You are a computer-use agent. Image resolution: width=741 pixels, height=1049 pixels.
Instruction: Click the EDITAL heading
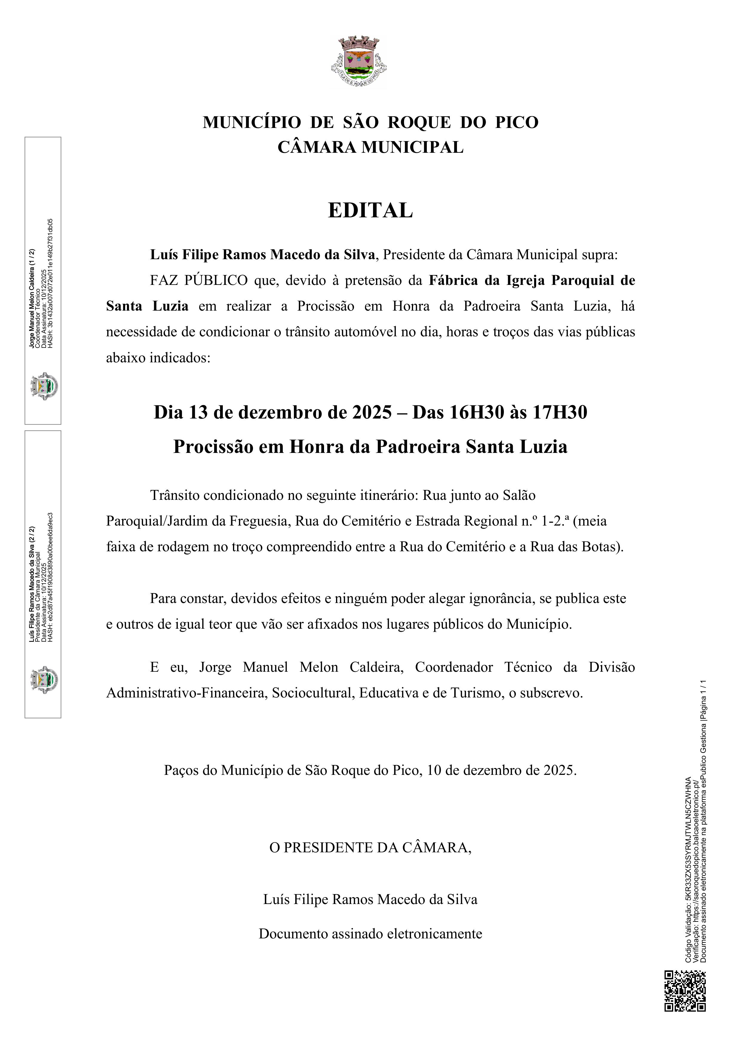(x=370, y=211)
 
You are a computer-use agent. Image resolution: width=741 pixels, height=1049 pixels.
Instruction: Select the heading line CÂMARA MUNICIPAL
(x=370, y=147)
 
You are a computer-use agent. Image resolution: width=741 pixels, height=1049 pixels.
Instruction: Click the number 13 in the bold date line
(x=198, y=412)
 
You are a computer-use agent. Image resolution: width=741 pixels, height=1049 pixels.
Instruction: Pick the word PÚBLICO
(x=216, y=280)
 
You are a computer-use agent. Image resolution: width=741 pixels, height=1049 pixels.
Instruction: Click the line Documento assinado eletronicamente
(x=370, y=933)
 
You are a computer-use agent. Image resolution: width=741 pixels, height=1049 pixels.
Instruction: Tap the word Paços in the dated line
(x=181, y=770)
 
